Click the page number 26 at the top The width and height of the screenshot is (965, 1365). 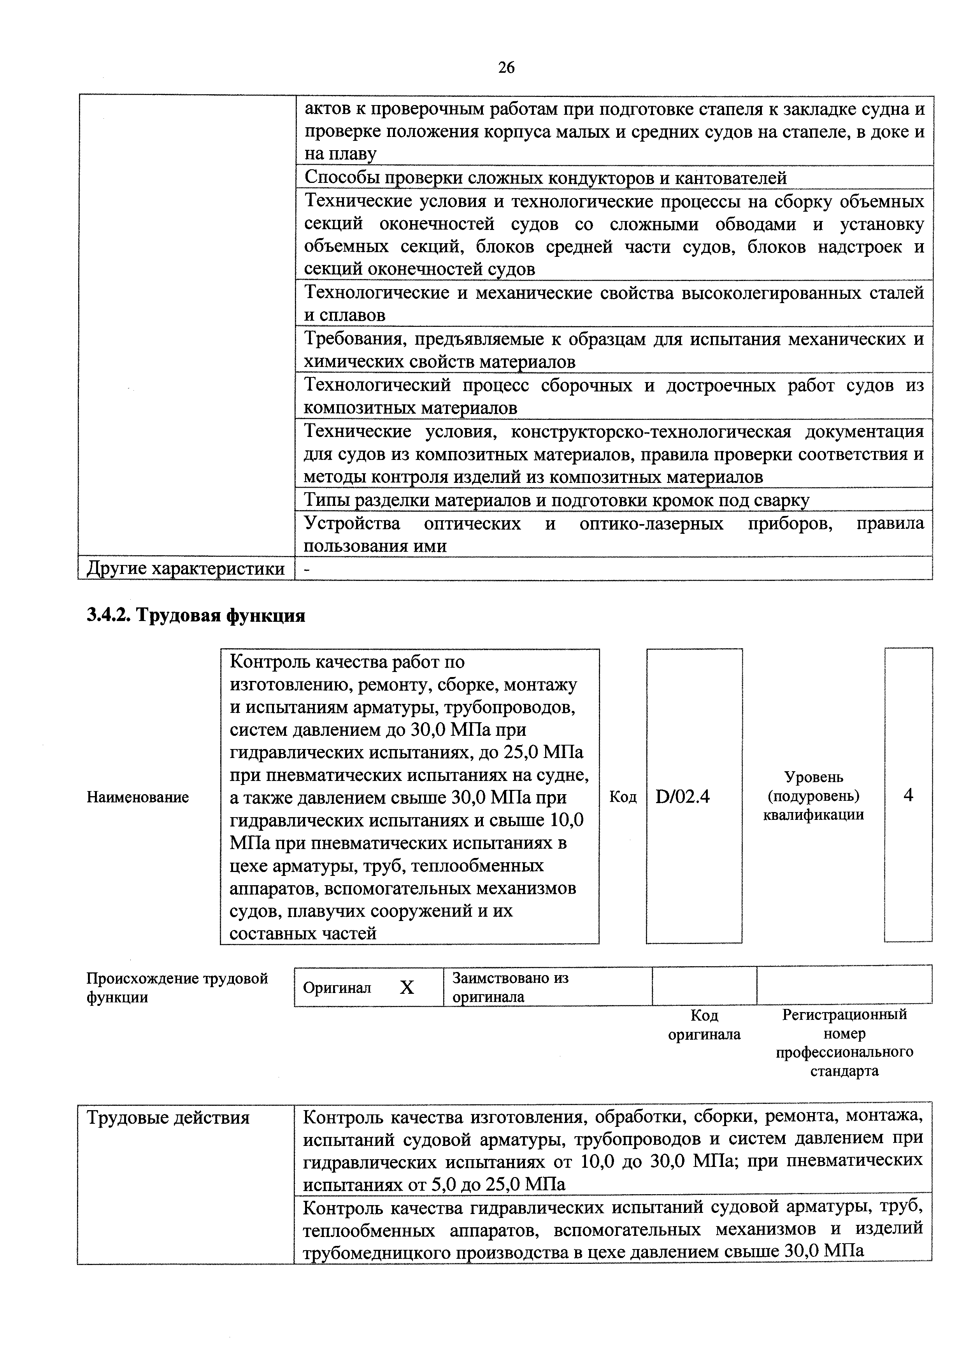[x=506, y=68]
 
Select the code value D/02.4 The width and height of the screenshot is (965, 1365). [x=683, y=797]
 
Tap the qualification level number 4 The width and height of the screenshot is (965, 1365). [x=908, y=795]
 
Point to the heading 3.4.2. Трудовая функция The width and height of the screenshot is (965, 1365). [x=196, y=615]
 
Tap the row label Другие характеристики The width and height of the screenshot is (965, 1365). [x=186, y=569]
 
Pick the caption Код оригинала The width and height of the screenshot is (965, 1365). [x=705, y=1025]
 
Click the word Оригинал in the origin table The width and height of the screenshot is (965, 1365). [x=337, y=988]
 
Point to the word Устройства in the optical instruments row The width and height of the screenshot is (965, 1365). [x=353, y=524]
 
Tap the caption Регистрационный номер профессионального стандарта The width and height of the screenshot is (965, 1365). [x=844, y=1043]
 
